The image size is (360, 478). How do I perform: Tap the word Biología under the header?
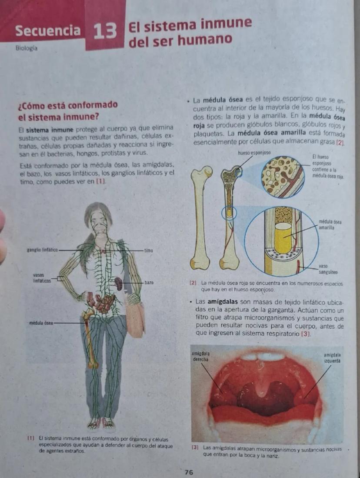(x=26, y=48)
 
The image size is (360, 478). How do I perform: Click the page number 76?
(x=188, y=472)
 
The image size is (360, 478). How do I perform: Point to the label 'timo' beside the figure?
(x=150, y=251)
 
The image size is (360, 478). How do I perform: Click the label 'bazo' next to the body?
(x=150, y=283)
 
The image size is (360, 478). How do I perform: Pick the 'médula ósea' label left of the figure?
(x=41, y=324)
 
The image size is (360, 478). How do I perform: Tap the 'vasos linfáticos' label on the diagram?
(x=42, y=278)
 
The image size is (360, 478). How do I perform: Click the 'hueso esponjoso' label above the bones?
(x=254, y=153)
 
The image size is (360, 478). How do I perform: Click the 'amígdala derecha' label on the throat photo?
(x=201, y=358)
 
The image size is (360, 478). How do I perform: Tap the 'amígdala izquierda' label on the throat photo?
(x=332, y=358)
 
